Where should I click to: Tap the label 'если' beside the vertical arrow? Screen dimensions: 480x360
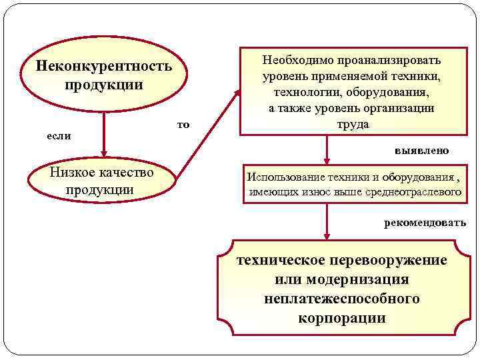59,135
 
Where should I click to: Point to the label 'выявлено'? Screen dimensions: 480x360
421,151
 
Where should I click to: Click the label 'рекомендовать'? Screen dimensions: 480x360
425,223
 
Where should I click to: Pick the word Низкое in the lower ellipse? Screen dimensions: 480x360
72,173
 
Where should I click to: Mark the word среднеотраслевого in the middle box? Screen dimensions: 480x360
413,192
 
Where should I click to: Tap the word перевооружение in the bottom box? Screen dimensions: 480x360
389,260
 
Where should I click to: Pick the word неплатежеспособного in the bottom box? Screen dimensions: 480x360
341,299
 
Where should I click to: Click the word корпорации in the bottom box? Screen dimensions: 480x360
341,318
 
